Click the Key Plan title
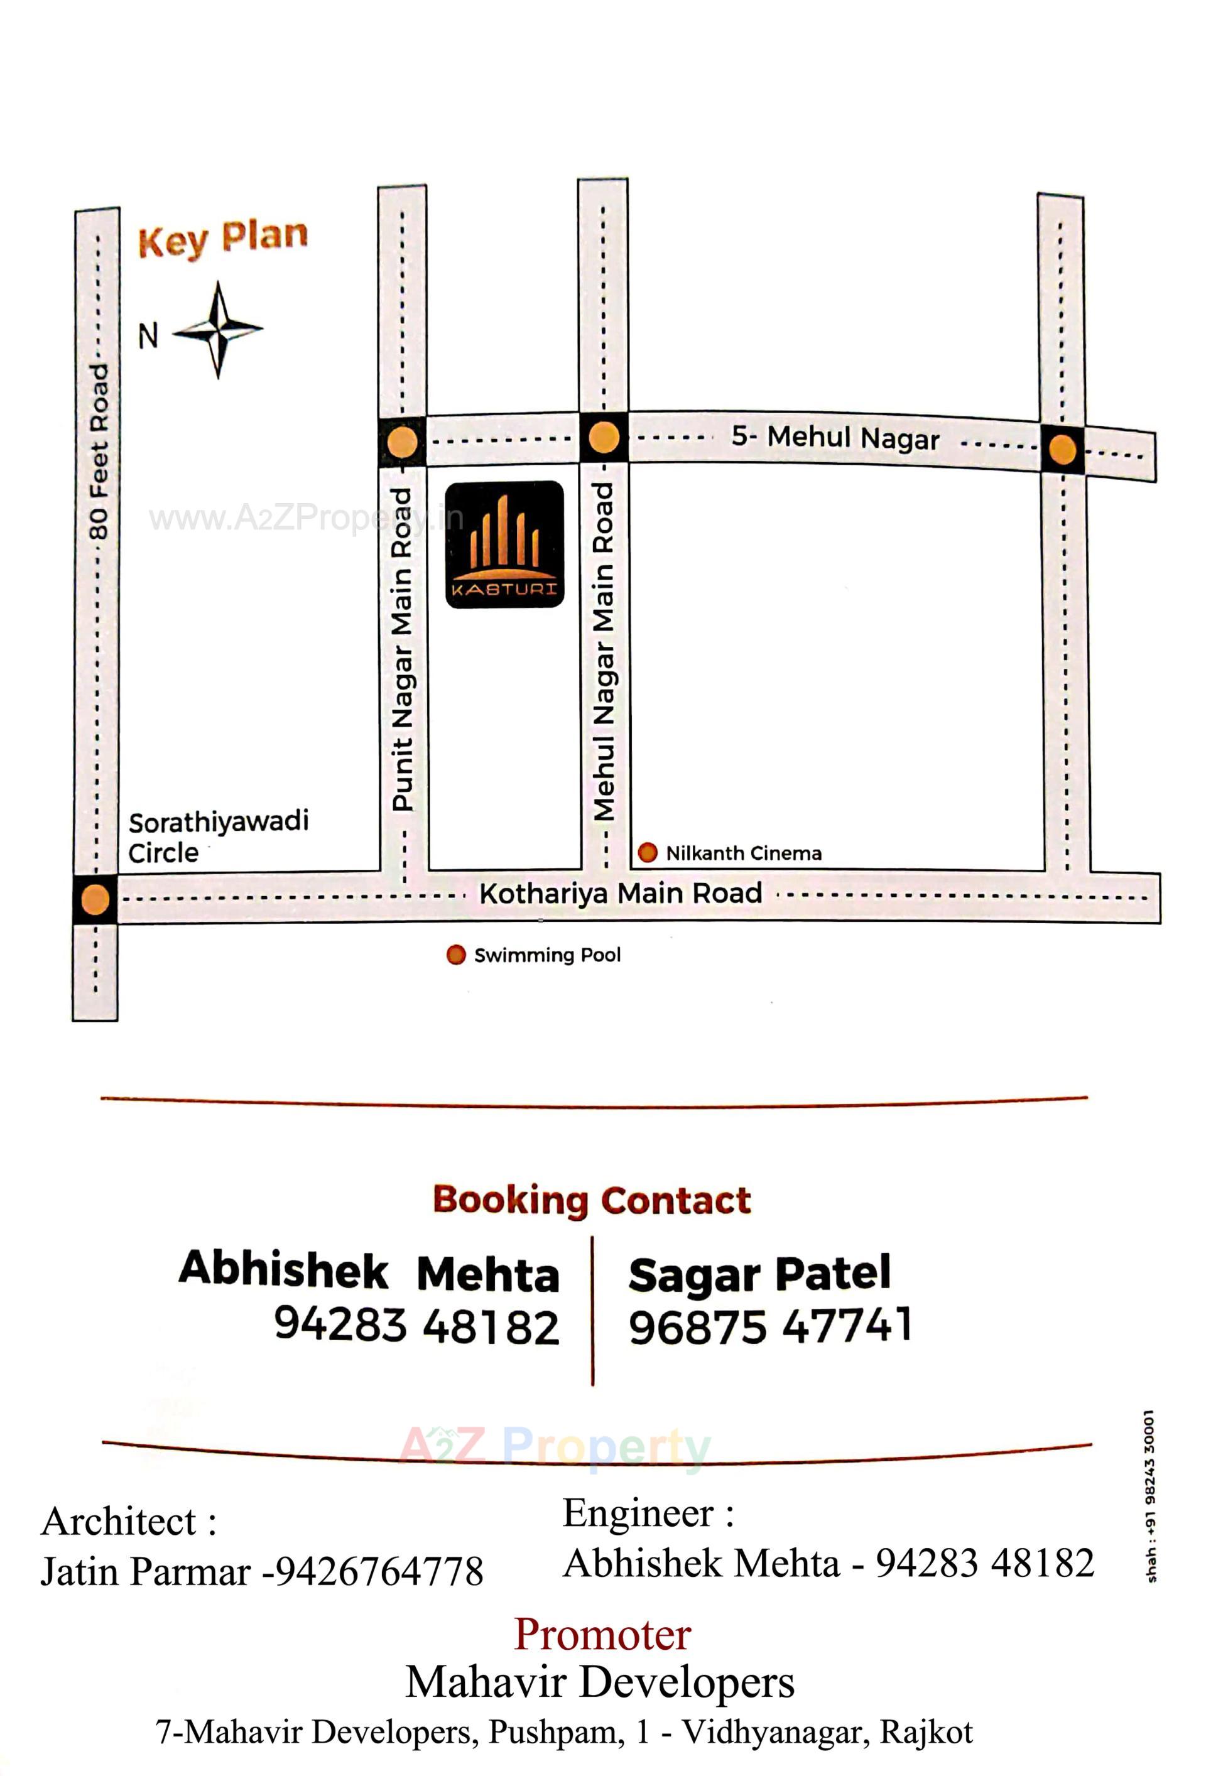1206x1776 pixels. pyautogui.click(x=222, y=239)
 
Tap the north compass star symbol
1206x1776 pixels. pyautogui.click(x=218, y=329)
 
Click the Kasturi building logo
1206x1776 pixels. pyautogui.click(x=504, y=544)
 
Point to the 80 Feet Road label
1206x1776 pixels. pyautogui.click(x=99, y=451)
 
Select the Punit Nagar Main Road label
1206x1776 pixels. pyautogui.click(x=402, y=649)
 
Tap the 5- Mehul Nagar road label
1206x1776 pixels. pyautogui.click(x=835, y=437)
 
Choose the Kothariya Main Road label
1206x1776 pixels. pyautogui.click(x=620, y=892)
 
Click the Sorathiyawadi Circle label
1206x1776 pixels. pyautogui.click(x=217, y=836)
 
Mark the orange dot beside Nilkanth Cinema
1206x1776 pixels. pyautogui.click(x=648, y=852)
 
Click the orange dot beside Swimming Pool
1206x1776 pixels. pyautogui.click(x=455, y=955)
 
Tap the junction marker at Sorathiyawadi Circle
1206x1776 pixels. pyautogui.click(x=95, y=899)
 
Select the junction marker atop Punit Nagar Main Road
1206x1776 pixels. pyautogui.click(x=402, y=441)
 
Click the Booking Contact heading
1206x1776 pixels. pyautogui.click(x=592, y=1199)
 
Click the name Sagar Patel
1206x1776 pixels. pyautogui.click(x=759, y=1275)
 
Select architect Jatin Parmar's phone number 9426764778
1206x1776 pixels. pyautogui.click(x=378, y=1571)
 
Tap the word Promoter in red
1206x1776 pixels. pyautogui.click(x=602, y=1634)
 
